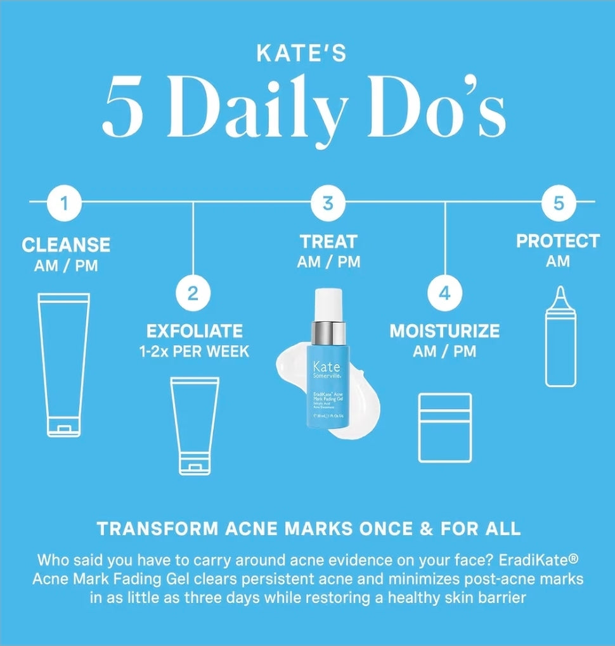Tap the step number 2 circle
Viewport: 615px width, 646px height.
193,293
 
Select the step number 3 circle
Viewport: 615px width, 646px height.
328,203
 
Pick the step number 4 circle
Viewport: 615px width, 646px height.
444,293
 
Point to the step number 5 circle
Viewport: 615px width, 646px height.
558,203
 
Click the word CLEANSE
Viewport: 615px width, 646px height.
66,244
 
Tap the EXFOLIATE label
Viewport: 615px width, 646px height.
194,331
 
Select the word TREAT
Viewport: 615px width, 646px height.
328,241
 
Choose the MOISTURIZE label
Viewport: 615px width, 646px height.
444,331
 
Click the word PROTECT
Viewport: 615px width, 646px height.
557,241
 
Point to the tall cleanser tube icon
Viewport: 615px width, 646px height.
63,364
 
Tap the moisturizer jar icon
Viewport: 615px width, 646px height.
445,427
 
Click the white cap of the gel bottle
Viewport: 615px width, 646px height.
327,304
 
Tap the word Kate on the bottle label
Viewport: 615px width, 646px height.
327,367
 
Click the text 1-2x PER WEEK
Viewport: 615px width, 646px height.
194,351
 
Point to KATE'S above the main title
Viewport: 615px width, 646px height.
301,54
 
